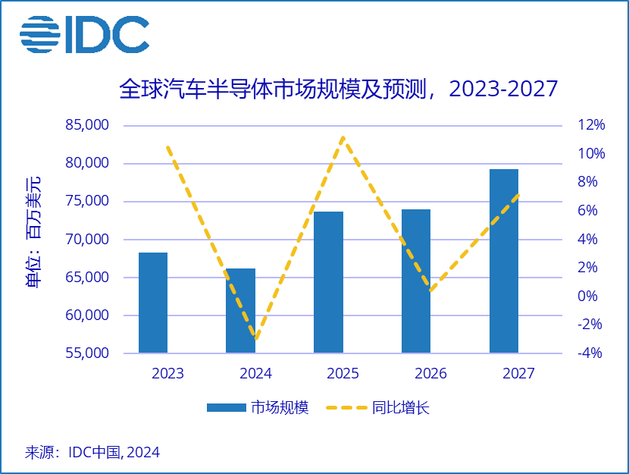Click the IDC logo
84,34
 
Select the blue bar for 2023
153,303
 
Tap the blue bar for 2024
241,311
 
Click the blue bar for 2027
504,261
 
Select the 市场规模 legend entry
258,408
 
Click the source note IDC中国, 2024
92,452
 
